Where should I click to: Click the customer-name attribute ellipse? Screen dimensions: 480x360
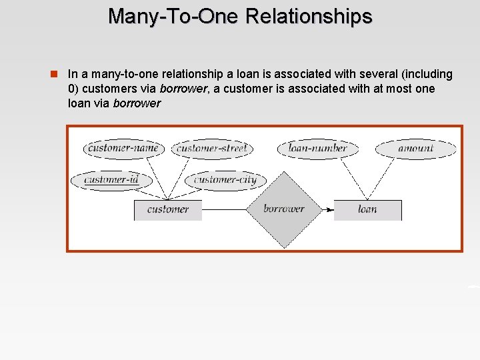point(123,148)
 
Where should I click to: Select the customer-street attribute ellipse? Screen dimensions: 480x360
point(211,148)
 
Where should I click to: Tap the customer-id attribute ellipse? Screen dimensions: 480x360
point(111,179)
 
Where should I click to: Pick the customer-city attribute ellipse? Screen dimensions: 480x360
point(225,179)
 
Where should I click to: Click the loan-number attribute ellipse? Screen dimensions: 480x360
point(317,148)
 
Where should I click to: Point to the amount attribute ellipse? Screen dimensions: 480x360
point(415,148)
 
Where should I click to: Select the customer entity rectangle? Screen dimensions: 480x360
point(167,209)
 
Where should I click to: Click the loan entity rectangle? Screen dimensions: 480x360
point(367,209)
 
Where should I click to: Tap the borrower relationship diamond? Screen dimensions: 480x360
point(284,209)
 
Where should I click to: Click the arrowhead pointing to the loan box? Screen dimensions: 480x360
point(329,210)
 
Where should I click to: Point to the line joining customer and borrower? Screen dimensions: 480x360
point(224,210)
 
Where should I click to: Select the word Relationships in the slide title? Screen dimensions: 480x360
point(309,16)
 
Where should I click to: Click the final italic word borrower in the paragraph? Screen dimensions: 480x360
point(137,103)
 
